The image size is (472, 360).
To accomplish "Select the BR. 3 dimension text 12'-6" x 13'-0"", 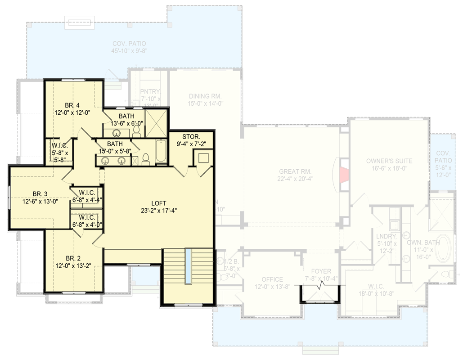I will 39,202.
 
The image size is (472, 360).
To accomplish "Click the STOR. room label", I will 191,137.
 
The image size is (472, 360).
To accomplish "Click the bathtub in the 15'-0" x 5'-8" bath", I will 161,153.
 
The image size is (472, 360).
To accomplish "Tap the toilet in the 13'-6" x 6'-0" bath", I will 137,131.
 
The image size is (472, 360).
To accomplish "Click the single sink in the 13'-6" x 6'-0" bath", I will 117,133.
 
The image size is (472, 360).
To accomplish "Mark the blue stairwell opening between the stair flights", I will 187,265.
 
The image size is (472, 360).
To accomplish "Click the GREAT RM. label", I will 295,171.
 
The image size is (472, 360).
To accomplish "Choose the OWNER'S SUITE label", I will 389,161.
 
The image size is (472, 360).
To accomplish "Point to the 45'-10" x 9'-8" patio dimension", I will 129,51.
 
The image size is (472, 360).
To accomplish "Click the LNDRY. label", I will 386,237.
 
